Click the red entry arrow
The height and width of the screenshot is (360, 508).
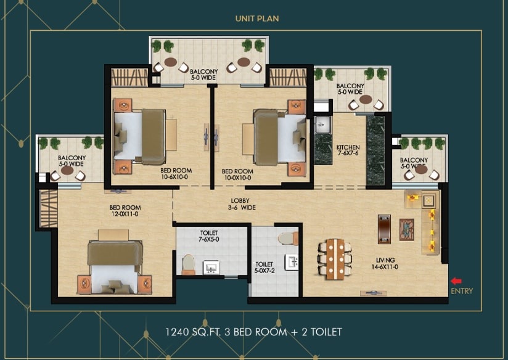pyautogui.click(x=456, y=281)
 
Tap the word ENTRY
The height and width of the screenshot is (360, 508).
pyautogui.click(x=462, y=291)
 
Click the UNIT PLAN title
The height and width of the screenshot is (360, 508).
pyautogui.click(x=257, y=18)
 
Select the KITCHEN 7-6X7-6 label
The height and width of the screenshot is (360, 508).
pyautogui.click(x=348, y=150)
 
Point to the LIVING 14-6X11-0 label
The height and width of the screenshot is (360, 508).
pyautogui.click(x=385, y=263)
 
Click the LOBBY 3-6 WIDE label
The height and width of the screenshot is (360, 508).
pyautogui.click(x=242, y=204)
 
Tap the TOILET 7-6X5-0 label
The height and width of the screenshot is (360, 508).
pyautogui.click(x=209, y=236)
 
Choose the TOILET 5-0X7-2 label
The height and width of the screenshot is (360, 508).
pyautogui.click(x=264, y=268)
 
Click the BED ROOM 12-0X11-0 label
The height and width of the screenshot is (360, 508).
pyautogui.click(x=125, y=211)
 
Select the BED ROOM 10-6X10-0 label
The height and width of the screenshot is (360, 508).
pyautogui.click(x=176, y=174)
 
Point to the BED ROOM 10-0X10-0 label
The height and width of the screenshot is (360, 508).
pyautogui.click(x=237, y=174)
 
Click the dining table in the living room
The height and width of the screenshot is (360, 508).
pyautogui.click(x=335, y=260)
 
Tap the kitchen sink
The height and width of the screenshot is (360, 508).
pyautogui.click(x=322, y=125)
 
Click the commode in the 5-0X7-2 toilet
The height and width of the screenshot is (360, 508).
pyautogui.click(x=288, y=238)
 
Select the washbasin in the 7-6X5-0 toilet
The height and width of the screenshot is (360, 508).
pyautogui.click(x=211, y=268)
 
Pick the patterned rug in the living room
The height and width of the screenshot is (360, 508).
pyautogui.click(x=407, y=230)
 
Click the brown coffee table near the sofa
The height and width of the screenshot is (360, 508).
pyautogui.click(x=384, y=229)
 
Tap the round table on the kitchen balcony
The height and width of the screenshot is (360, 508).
pyautogui.click(x=366, y=99)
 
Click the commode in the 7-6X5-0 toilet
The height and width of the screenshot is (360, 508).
pyautogui.click(x=188, y=264)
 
